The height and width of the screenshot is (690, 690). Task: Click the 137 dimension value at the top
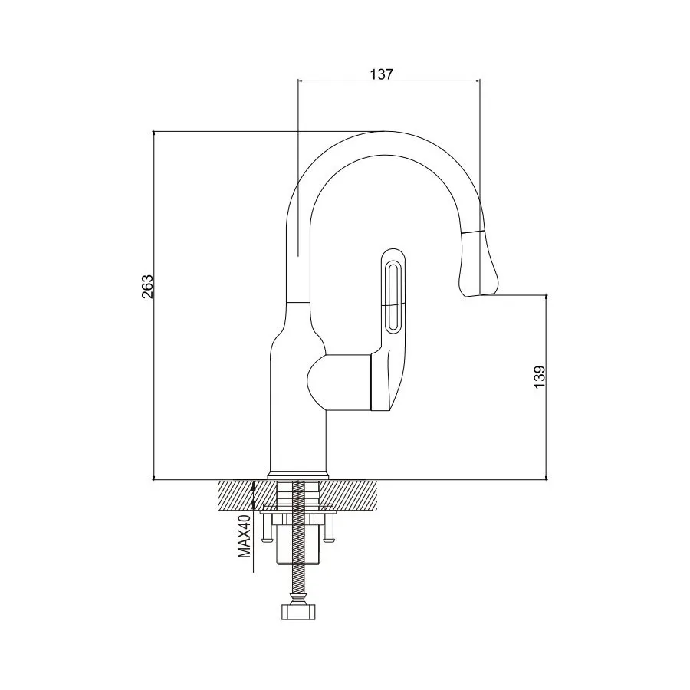[381, 74]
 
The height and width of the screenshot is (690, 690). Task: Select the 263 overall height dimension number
[148, 286]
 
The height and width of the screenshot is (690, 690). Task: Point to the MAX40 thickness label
[245, 546]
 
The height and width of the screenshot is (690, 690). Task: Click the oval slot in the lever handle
[393, 294]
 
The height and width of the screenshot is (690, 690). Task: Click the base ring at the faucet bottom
[298, 475]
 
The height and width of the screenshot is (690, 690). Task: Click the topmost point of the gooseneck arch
[381, 132]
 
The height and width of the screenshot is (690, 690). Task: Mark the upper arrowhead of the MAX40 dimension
[255, 484]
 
